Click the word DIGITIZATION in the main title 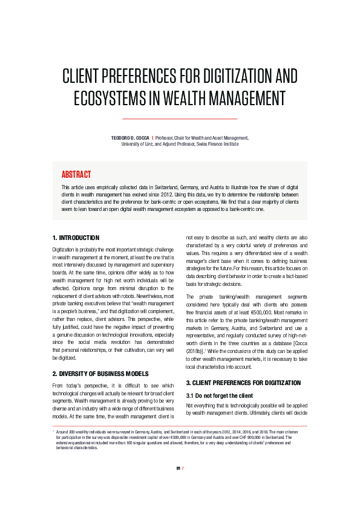pos(228,77)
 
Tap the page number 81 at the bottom pos(178,485)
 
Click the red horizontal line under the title pos(180,118)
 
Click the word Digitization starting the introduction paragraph pos(65,249)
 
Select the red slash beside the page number pos(184,485)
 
